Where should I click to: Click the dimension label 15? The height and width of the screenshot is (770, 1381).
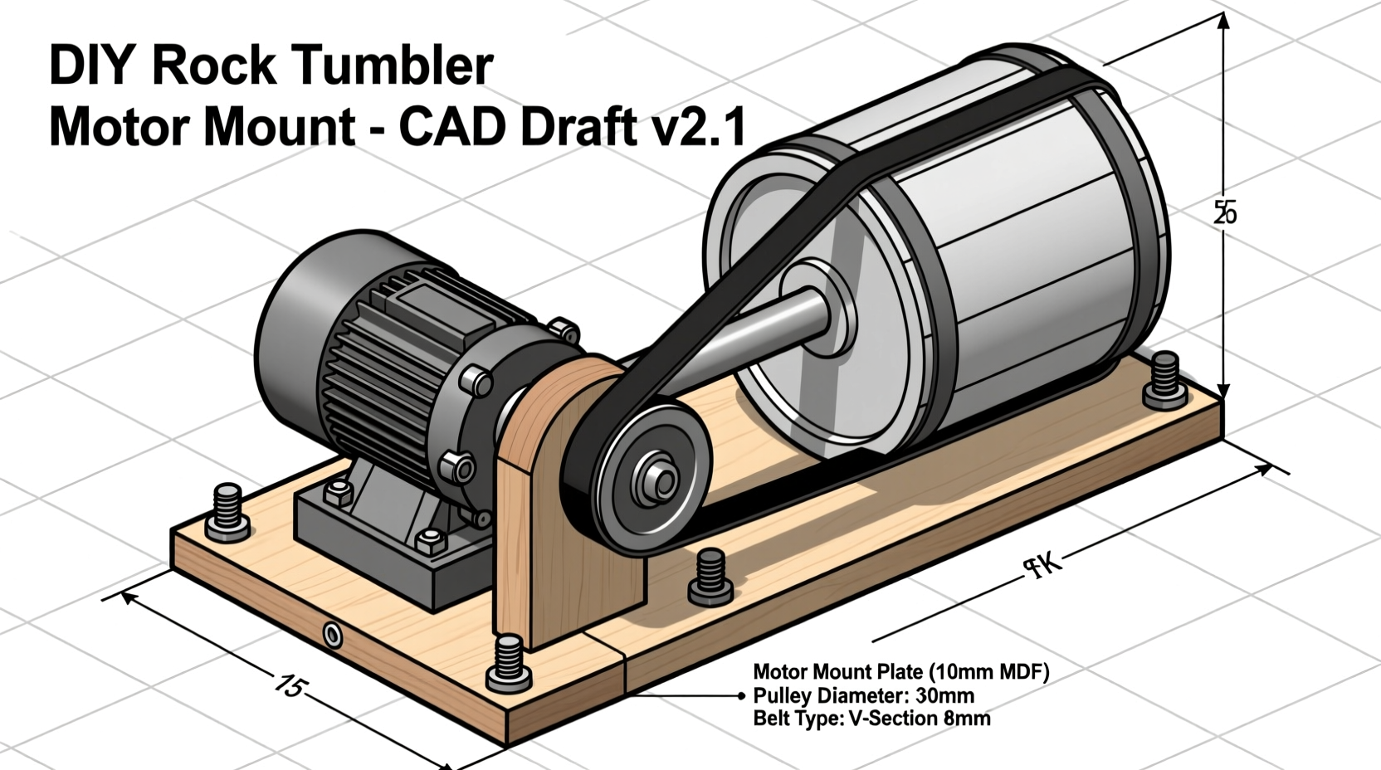pos(290,685)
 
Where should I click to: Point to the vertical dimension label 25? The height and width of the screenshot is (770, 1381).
pos(1224,212)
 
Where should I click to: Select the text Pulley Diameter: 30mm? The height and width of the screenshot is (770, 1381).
pos(863,695)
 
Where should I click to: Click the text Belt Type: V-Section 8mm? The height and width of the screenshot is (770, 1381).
pos(871,719)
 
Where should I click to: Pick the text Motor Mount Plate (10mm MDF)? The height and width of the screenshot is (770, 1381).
pos(900,671)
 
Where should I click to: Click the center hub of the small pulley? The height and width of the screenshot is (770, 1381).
pos(661,480)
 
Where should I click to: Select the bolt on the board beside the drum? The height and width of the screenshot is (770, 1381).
pos(1165,380)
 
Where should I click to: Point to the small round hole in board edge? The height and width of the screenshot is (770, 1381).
pos(332,636)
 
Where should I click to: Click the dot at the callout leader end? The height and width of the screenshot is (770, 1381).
pos(740,695)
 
